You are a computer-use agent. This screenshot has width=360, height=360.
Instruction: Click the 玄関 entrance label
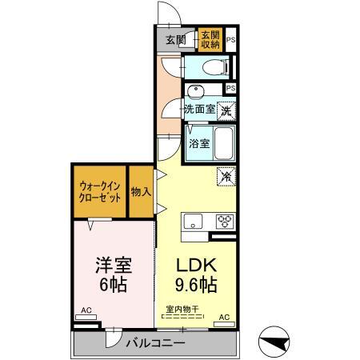pos(176,39)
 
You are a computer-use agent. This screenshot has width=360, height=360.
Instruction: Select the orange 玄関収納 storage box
pos(210,39)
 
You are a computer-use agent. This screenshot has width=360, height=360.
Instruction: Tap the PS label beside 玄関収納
pos(230,39)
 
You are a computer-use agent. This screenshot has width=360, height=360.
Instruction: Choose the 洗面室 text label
pos(199,110)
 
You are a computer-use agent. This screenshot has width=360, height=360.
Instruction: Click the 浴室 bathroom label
pos(199,144)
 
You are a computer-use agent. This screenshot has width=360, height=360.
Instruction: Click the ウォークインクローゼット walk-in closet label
pos(100,191)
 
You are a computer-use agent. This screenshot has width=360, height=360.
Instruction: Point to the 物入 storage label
pos(141,191)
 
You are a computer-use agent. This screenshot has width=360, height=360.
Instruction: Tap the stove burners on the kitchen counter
pos(222,222)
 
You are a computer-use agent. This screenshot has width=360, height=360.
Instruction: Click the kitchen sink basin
pos(194,222)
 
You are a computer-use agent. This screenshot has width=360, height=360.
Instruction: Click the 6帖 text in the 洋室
pos(112,285)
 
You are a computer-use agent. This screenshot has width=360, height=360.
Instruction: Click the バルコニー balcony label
pos(155,343)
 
